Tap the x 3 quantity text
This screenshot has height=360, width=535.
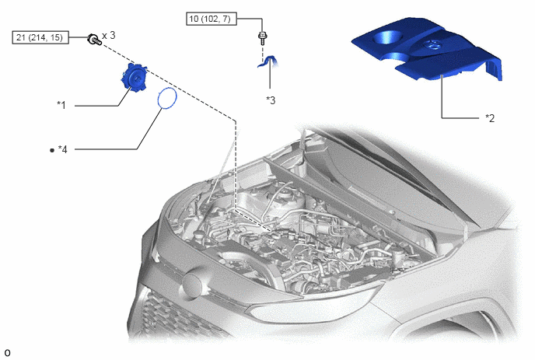click(x=109, y=35)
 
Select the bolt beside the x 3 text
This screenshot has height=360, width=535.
click(x=94, y=40)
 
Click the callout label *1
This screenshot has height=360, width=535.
click(x=61, y=105)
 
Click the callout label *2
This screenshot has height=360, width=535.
click(x=490, y=118)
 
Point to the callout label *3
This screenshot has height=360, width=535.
click(x=271, y=100)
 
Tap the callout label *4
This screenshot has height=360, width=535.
click(x=62, y=149)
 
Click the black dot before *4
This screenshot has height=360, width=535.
click(x=52, y=150)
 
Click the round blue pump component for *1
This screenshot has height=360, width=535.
click(x=133, y=78)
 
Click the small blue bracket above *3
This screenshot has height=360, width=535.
click(x=267, y=61)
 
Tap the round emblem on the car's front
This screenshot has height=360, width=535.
click(x=193, y=285)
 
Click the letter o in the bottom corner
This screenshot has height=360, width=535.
click(x=7, y=352)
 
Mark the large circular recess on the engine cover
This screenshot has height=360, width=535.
click(x=387, y=37)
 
